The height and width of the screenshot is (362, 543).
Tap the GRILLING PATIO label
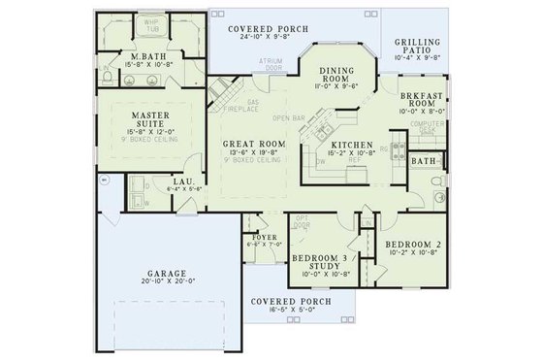(418, 47)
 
